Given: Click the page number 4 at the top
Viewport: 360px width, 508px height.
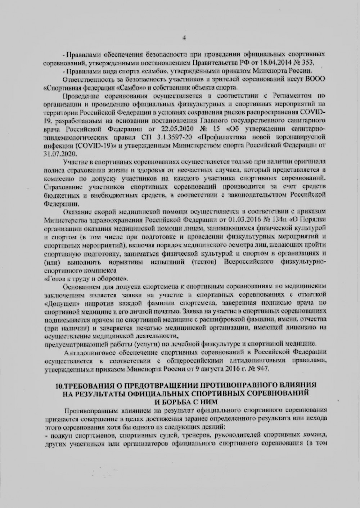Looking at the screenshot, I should (x=184, y=38).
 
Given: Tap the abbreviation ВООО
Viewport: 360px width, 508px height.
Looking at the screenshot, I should (x=318, y=80).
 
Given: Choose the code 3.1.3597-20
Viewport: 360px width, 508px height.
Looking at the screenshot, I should (x=169, y=137).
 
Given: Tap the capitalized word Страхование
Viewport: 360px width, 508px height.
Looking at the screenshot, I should (x=59, y=187).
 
